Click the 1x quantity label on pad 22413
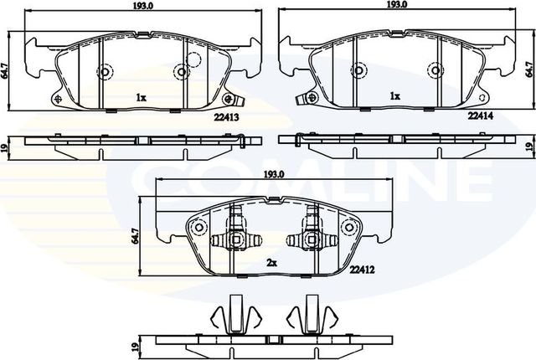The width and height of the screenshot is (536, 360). [141, 98]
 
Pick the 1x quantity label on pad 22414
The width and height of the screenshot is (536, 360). [394, 97]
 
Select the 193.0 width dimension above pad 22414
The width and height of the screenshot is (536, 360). [397, 5]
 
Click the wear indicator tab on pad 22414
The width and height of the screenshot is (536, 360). [303, 97]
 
